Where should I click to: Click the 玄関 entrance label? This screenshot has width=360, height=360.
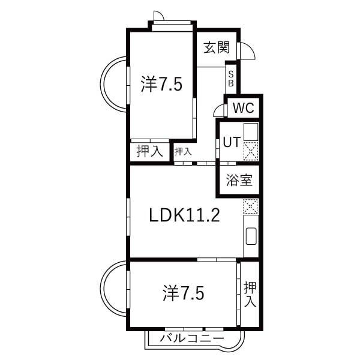(x=217, y=47)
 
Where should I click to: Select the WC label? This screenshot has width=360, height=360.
(x=244, y=109)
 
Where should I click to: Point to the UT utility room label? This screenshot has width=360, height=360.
(x=232, y=143)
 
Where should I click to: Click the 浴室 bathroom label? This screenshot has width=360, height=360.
(x=239, y=180)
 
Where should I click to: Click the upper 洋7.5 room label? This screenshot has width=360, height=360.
(x=161, y=84)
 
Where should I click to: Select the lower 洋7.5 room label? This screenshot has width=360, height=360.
(x=183, y=293)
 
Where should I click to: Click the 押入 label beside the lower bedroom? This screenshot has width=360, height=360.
(x=250, y=294)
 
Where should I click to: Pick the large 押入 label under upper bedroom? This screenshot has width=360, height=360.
(x=149, y=151)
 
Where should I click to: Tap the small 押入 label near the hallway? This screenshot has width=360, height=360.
(x=183, y=152)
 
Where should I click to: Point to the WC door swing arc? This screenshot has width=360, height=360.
(x=218, y=111)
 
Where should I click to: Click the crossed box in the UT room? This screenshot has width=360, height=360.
(x=250, y=152)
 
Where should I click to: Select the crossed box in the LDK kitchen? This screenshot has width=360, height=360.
(x=250, y=206)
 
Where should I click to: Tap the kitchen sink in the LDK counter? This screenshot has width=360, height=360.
(x=251, y=236)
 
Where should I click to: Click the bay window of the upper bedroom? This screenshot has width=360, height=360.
(x=113, y=84)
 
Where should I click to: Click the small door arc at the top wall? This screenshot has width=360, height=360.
(x=158, y=16)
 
